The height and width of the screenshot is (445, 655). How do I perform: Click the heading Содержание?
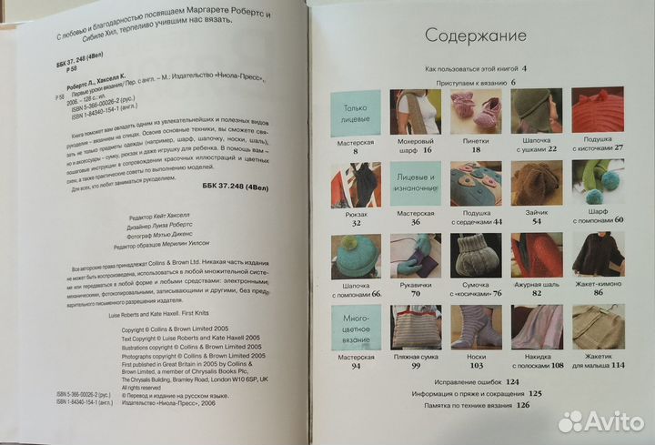[x=477, y=37]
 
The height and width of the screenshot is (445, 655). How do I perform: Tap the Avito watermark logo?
[x=601, y=421]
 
